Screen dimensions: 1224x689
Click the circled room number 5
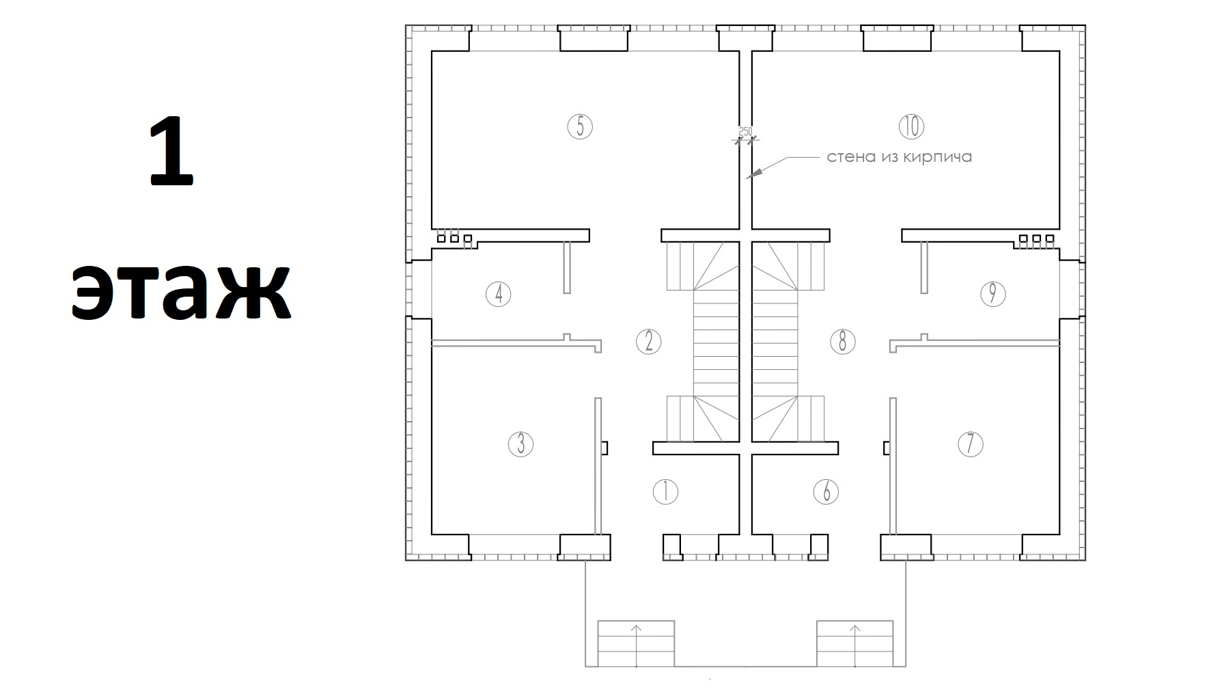[580, 126]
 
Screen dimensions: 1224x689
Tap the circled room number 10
[911, 126]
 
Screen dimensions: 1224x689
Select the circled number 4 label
[499, 295]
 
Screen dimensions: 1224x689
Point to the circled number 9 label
[992, 294]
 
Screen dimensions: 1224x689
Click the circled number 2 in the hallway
[648, 341]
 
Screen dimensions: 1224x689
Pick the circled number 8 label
[842, 341]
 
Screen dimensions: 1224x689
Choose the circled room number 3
[521, 444]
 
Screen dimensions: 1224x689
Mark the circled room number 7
[970, 444]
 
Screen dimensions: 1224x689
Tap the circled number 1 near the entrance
[665, 492]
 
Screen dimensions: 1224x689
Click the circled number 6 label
[826, 492]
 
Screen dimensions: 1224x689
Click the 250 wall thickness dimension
[745, 131]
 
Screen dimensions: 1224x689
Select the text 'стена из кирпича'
[899, 157]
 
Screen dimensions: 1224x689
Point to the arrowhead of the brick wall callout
[749, 176]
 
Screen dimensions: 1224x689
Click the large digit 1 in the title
[171, 152]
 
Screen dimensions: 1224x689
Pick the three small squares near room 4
[454, 239]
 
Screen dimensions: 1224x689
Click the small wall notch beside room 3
[604, 448]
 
